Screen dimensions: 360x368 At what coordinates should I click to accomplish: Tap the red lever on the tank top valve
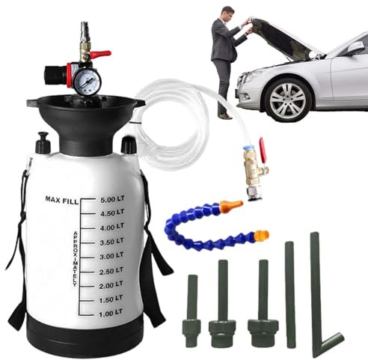[100, 54]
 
